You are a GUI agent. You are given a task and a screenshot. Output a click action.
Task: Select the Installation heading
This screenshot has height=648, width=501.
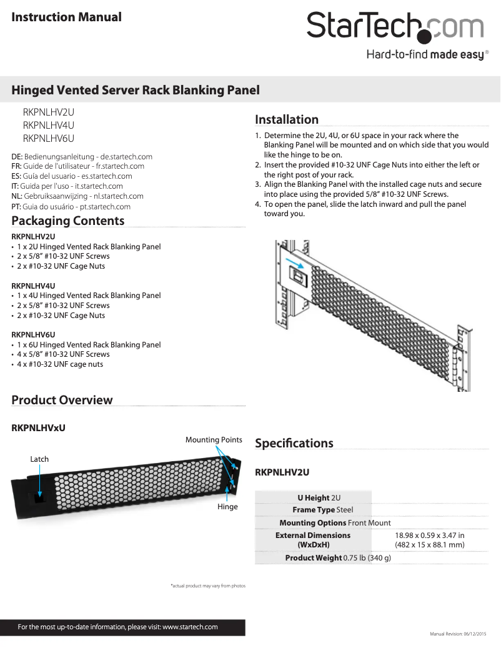[287, 119]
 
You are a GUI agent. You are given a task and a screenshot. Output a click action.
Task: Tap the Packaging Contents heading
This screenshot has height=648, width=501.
[68, 221]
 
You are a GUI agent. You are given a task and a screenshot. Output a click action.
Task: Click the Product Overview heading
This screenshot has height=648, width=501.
[62, 400]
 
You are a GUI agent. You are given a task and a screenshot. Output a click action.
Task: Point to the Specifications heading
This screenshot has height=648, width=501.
[294, 443]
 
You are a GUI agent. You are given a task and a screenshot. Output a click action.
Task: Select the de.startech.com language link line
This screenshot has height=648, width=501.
[82, 156]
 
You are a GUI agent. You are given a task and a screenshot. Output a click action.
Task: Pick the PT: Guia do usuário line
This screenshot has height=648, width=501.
[71, 206]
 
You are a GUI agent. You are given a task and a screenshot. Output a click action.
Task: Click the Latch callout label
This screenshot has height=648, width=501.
[39, 459]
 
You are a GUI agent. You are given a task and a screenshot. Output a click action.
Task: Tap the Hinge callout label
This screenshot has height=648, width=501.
[227, 507]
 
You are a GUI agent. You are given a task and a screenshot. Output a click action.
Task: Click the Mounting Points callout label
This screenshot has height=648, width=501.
[214, 440]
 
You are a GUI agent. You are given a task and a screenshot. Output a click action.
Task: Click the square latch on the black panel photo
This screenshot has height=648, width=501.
[39, 497]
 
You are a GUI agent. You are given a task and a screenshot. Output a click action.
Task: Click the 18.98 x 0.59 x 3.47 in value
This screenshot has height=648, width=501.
[430, 536]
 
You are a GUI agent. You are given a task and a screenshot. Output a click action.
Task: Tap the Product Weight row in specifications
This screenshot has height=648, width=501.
[338, 557]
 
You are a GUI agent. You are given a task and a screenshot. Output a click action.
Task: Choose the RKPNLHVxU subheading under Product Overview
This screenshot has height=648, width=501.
[39, 428]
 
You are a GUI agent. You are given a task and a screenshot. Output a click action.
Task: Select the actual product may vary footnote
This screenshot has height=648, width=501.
[208, 586]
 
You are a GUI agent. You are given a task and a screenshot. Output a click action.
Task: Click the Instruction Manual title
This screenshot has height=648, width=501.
[67, 17]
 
